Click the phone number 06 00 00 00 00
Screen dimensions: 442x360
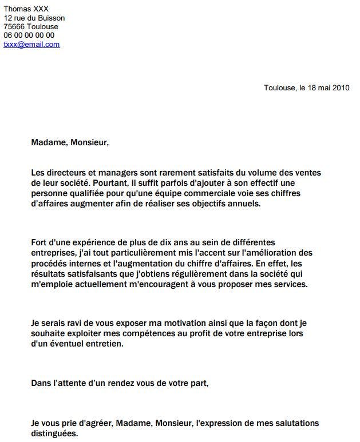tap(29, 35)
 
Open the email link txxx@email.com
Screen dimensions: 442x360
tap(31, 44)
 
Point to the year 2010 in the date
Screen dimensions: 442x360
tap(341, 87)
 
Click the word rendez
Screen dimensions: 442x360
tap(112, 384)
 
